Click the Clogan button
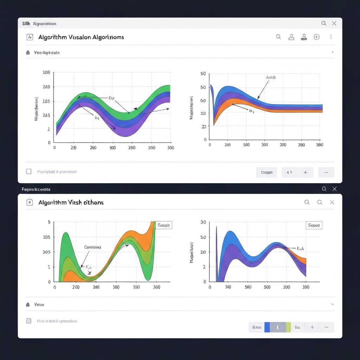coord(266,172)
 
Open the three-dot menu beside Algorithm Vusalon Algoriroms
coord(331,37)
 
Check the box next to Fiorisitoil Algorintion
coord(29,172)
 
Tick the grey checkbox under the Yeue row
coord(29,321)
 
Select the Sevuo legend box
coord(163,225)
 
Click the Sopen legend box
coord(314,225)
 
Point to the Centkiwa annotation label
coord(92,247)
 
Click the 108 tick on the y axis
coord(46,72)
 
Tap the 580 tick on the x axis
coord(248,287)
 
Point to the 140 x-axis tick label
coord(228,287)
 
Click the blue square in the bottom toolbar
coord(267,327)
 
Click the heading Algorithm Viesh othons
coord(71,202)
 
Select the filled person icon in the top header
coord(304,37)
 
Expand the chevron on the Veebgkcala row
coord(333,52)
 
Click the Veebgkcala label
coord(47,52)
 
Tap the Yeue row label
coord(39,304)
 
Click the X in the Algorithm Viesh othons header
coord(332,202)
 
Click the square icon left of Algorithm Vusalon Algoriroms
coord(30,37)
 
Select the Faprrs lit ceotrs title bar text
coord(36,189)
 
